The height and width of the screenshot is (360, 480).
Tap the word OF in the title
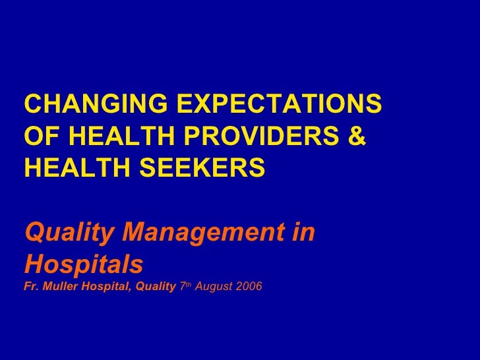click(42, 136)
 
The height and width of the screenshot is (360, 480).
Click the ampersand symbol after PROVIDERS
click(355, 136)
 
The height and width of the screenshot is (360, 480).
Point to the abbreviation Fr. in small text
click(30, 288)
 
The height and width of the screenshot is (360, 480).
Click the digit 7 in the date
click(182, 288)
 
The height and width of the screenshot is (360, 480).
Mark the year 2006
click(249, 288)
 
